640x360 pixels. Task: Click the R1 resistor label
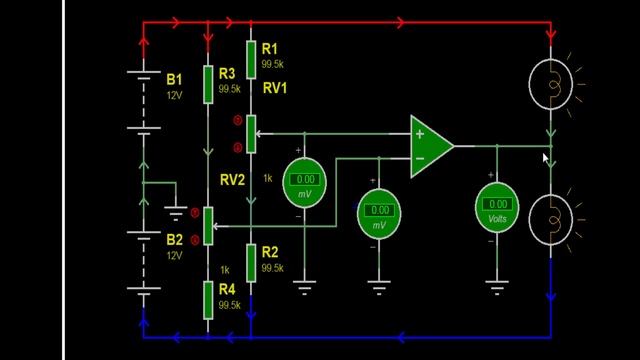pyautogui.click(x=270, y=48)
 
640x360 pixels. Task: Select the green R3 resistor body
pyautogui.click(x=208, y=84)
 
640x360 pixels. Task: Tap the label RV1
pyautogui.click(x=275, y=88)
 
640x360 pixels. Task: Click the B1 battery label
pyautogui.click(x=175, y=78)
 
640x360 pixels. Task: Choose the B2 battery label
pyautogui.click(x=175, y=240)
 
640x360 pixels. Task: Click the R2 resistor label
pyautogui.click(x=270, y=253)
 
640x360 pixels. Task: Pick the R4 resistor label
pyautogui.click(x=228, y=290)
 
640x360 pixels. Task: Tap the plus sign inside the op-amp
pyautogui.click(x=420, y=134)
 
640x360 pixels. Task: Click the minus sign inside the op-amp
pyautogui.click(x=420, y=158)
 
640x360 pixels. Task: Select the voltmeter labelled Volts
pyautogui.click(x=497, y=208)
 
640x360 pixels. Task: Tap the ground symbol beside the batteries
pyautogui.click(x=177, y=212)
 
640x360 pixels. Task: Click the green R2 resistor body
pyautogui.click(x=250, y=262)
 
